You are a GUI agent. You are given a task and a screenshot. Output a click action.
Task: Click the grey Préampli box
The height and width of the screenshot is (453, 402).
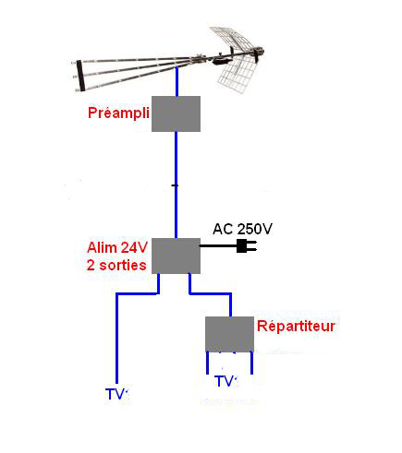click(x=176, y=113)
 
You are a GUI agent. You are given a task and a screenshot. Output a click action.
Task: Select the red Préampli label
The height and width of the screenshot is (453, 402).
click(x=118, y=113)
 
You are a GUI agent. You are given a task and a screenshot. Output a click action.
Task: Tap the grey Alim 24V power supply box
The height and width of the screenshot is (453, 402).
click(x=176, y=256)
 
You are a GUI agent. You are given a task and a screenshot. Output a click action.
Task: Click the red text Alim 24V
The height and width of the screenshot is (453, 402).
click(x=117, y=247)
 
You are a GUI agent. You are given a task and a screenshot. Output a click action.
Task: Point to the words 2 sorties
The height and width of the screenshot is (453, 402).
click(x=116, y=265)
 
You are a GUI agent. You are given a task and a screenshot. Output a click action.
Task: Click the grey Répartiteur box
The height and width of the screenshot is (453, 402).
click(x=230, y=334)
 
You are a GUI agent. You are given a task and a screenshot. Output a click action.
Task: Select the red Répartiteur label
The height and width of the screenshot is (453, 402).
click(x=296, y=326)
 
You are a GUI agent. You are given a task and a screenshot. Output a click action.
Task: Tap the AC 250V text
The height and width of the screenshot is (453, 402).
click(x=243, y=229)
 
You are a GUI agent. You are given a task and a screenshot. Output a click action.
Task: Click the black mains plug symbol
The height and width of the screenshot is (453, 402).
click(x=247, y=246)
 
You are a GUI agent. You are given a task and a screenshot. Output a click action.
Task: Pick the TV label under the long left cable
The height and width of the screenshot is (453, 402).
click(x=116, y=394)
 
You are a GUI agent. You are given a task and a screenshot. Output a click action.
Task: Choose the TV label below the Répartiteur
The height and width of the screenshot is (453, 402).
click(x=227, y=381)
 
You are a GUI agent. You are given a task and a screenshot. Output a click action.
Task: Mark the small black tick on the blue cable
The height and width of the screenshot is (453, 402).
click(x=175, y=185)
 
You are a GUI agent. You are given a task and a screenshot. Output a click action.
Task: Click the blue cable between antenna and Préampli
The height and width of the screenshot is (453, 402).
click(x=177, y=81)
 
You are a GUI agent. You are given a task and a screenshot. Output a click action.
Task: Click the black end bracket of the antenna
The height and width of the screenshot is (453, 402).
click(x=80, y=76)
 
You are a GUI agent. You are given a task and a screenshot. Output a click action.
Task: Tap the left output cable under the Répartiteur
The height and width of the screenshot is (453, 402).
click(x=207, y=363)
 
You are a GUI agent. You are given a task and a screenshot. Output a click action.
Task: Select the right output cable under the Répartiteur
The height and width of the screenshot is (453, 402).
click(x=251, y=363)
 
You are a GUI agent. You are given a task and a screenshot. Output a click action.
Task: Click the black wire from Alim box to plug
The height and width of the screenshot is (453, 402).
click(x=218, y=246)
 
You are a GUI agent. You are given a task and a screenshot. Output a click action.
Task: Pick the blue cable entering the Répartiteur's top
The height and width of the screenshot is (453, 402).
click(x=210, y=293)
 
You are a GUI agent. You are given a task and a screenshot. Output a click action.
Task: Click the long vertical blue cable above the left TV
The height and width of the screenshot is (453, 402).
click(x=116, y=339)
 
